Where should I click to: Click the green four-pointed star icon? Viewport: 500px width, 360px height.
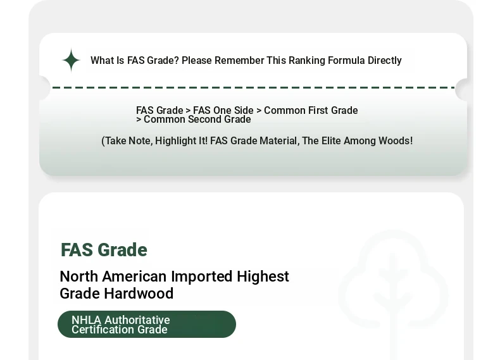tap(71, 60)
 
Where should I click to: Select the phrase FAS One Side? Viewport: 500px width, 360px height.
tap(223, 110)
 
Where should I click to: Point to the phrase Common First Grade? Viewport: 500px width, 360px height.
tap(311, 110)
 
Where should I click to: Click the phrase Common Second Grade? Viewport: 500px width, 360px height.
tap(197, 119)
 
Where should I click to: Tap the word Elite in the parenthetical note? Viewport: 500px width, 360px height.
tap(331, 140)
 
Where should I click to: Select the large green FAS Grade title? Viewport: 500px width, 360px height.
tap(104, 250)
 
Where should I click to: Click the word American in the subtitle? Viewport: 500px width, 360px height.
tap(134, 276)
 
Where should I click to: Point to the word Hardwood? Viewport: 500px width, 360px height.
tap(139, 294)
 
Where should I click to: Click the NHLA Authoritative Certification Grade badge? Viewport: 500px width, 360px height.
tap(147, 325)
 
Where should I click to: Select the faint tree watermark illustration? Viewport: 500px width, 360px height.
tap(393, 294)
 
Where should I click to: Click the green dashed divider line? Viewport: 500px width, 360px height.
tap(254, 87)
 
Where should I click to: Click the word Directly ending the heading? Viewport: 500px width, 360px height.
tap(385, 61)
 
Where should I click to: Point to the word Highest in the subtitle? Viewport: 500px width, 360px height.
tap(263, 276)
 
